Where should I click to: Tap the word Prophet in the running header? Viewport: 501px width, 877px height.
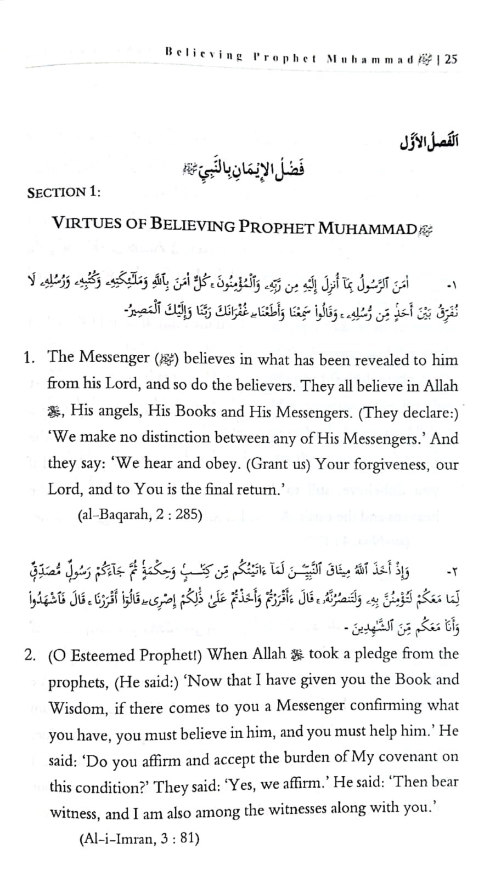285,58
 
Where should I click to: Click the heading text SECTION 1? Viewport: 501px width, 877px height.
64,192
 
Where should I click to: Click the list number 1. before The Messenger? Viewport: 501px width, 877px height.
30,358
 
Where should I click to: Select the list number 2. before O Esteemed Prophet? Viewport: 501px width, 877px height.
31,656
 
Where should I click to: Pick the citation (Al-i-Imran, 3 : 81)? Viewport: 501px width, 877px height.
139,839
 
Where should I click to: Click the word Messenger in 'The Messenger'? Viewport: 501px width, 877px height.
115,357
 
